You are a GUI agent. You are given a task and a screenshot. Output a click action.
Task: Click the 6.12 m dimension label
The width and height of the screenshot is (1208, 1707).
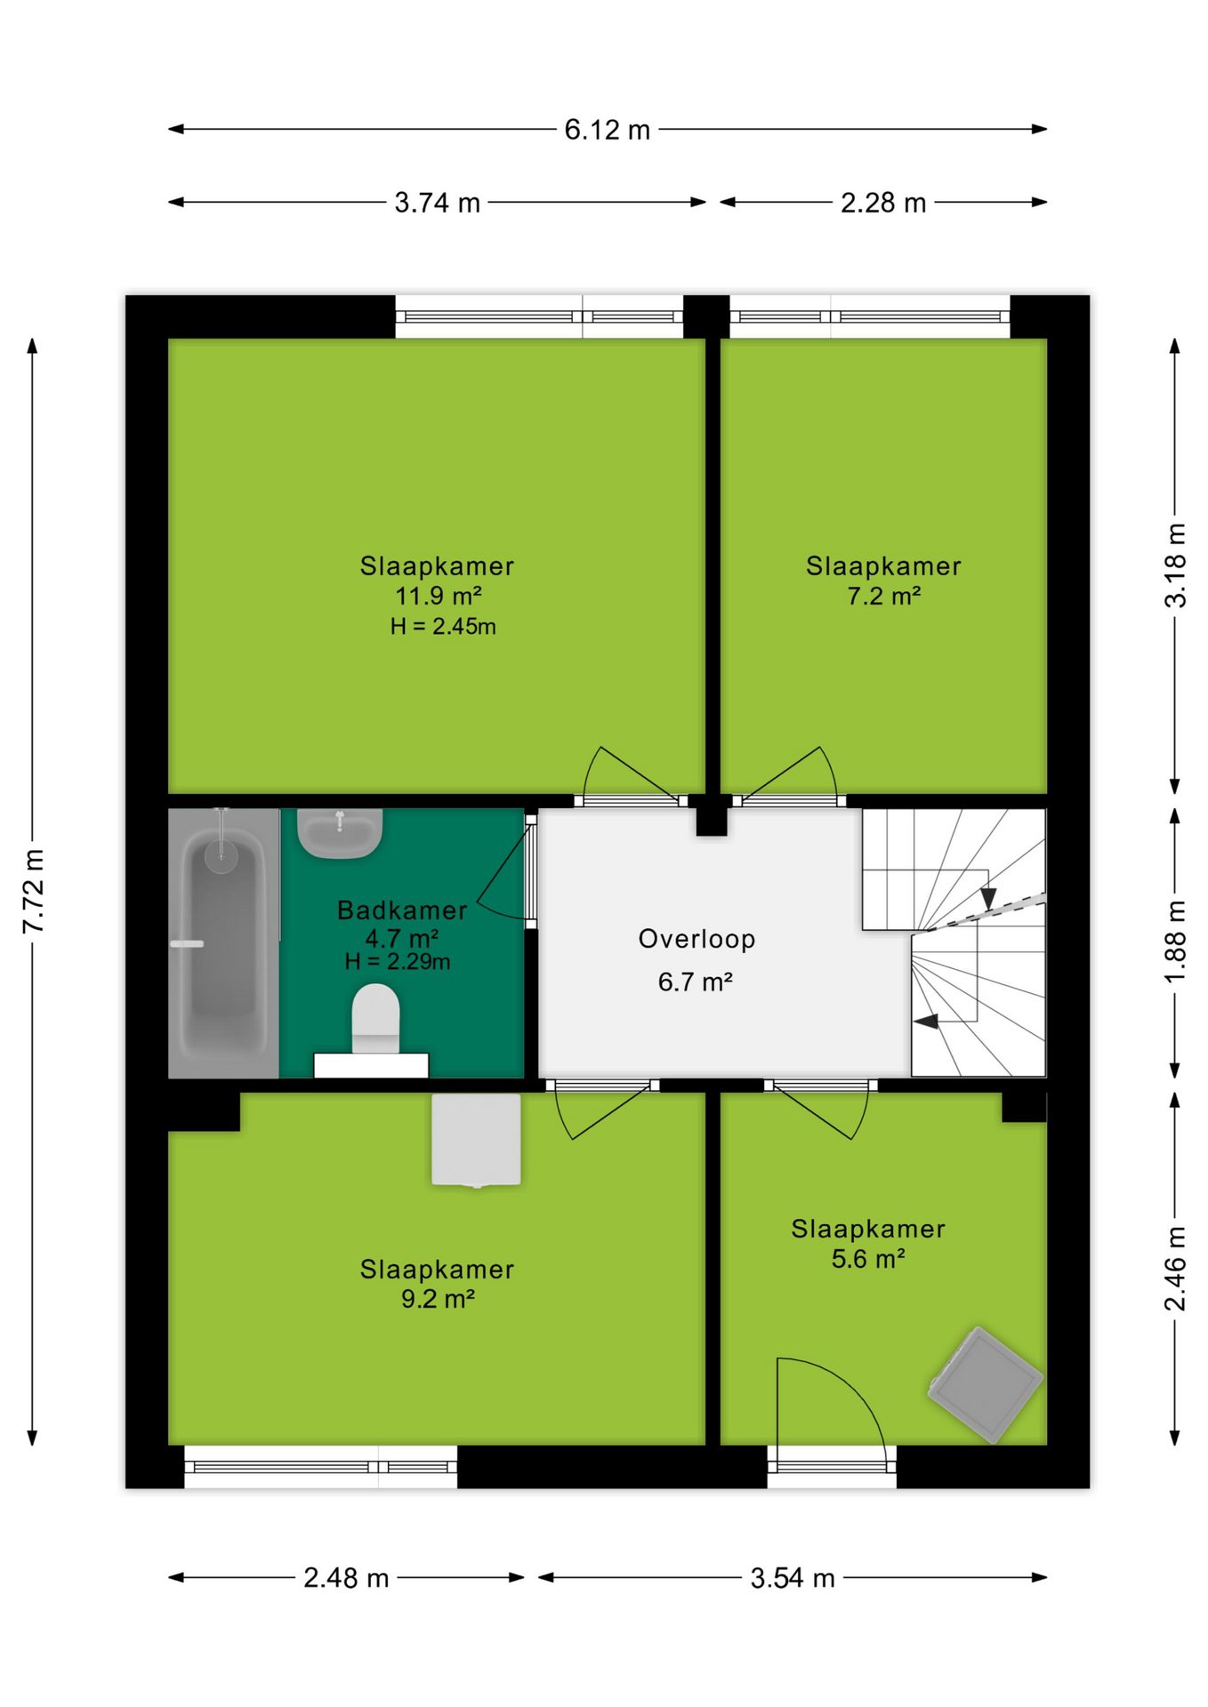(607, 130)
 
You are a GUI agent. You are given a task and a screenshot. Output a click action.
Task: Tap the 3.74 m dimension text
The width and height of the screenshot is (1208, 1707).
(437, 203)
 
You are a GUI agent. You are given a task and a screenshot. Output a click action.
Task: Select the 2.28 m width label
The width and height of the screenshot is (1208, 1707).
(883, 203)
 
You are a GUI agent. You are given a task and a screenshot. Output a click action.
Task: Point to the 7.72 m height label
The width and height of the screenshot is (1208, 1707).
(33, 891)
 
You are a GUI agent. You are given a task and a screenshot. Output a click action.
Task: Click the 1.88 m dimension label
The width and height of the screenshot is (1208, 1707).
(1175, 942)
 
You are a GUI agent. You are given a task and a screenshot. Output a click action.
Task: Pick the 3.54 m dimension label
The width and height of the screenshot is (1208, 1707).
(793, 1578)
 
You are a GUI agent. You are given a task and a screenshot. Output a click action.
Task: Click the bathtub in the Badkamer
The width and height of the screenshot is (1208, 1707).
(223, 942)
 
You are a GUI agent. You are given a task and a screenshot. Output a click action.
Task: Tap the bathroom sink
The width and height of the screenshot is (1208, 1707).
(340, 833)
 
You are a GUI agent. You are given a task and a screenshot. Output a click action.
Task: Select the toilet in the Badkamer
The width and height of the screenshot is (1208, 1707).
(375, 1019)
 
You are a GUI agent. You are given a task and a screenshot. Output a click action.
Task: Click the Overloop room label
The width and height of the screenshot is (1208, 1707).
(697, 939)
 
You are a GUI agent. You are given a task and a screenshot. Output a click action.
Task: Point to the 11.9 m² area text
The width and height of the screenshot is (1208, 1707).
(439, 596)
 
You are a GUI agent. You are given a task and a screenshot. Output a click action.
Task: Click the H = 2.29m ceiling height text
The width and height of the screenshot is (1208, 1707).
(398, 961)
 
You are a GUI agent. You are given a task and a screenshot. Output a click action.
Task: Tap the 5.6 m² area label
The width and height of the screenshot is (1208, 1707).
(868, 1259)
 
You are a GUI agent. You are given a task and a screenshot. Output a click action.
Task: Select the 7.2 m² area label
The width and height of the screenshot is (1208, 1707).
(883, 596)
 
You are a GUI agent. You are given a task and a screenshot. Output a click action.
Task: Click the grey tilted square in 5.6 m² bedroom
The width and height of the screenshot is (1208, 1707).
(985, 1384)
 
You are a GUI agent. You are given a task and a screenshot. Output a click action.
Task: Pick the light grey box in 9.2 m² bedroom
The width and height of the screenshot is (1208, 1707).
(476, 1140)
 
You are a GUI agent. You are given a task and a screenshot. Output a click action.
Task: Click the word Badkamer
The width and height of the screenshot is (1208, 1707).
(402, 910)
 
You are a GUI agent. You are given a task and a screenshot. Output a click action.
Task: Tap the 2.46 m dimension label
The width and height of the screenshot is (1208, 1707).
(1175, 1269)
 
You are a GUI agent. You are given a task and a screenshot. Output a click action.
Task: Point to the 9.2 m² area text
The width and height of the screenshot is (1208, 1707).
(438, 1299)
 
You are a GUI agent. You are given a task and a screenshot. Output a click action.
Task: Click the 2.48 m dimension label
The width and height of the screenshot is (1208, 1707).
(346, 1578)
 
